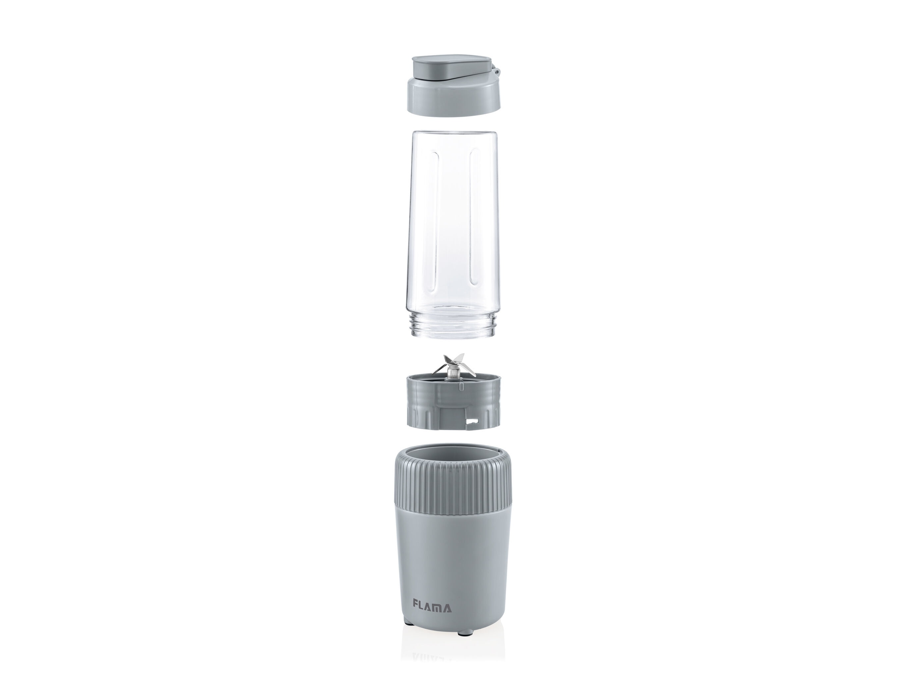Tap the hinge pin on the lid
498,72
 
